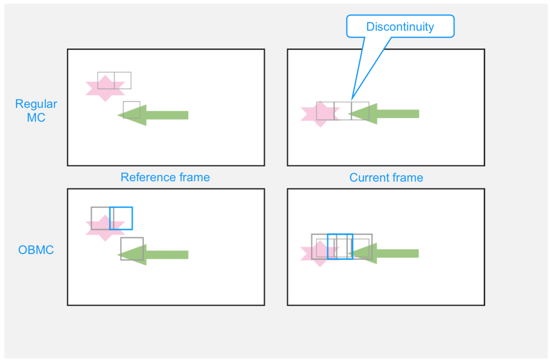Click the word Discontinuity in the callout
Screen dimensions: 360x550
click(x=400, y=27)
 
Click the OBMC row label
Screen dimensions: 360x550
click(x=36, y=250)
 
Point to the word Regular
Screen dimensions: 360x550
click(x=36, y=104)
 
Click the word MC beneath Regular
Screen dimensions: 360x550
click(x=36, y=118)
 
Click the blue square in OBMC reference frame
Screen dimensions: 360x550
click(x=121, y=218)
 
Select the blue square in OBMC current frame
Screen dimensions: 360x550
click(x=340, y=247)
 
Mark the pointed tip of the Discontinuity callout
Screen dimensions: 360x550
click(x=352, y=100)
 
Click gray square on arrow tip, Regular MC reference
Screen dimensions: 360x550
click(x=132, y=110)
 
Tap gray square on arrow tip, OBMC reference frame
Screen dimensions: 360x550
click(x=132, y=249)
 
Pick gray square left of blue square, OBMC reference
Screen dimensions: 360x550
click(x=100, y=218)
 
